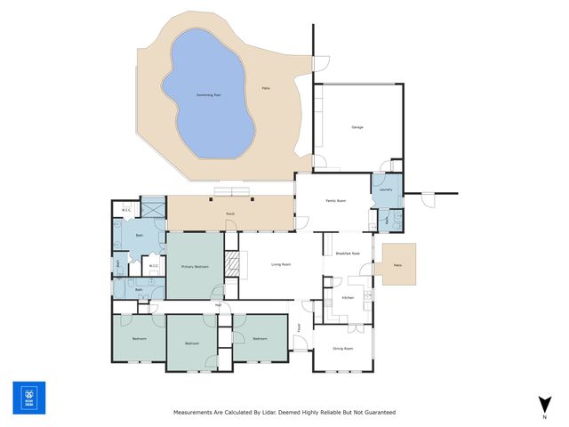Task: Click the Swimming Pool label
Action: click(x=208, y=94)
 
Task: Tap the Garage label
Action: click(x=357, y=127)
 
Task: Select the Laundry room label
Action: click(x=385, y=189)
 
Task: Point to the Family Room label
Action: click(x=335, y=201)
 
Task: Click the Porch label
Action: click(x=230, y=214)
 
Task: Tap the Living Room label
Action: click(x=282, y=265)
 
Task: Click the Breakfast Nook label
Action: click(x=349, y=254)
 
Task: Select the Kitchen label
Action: click(x=348, y=297)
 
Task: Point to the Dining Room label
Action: click(x=343, y=348)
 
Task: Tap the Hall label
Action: click(x=218, y=305)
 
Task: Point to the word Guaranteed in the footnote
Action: click(x=377, y=413)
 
